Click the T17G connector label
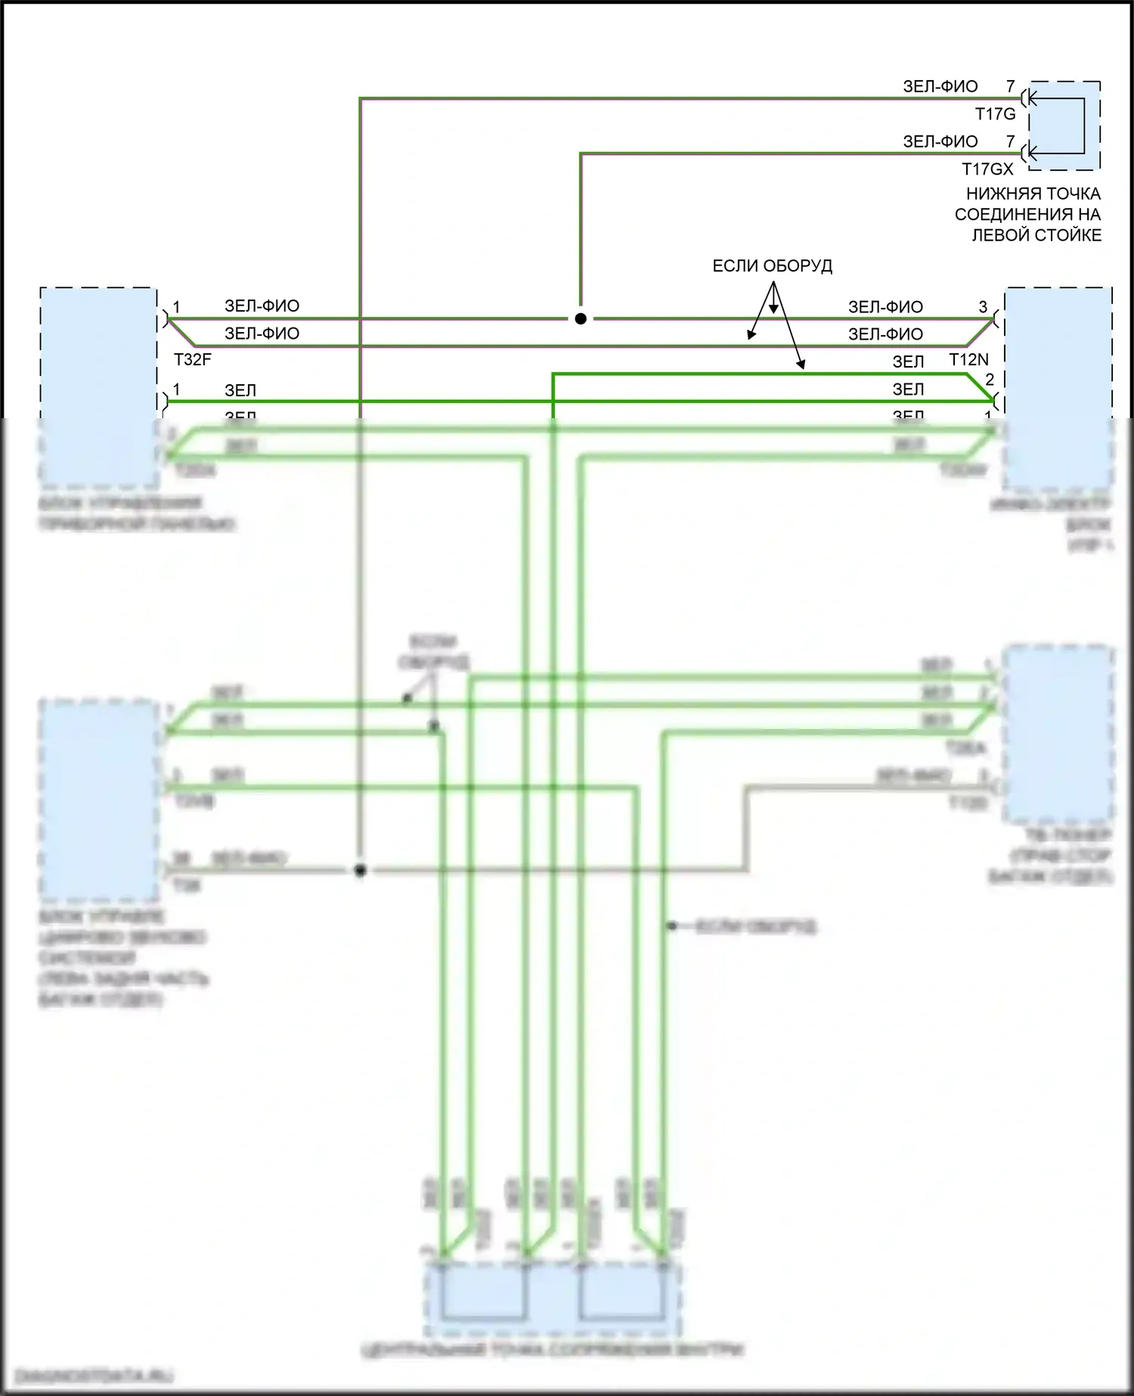coord(995,114)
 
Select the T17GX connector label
coord(987,169)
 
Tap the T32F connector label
coord(192,359)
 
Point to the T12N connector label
coord(968,360)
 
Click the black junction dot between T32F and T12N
coord(581,319)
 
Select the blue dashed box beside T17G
coord(1064,126)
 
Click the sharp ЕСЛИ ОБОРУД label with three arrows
coord(772,266)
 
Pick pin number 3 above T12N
coord(983,307)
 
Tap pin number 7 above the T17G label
coord(1010,87)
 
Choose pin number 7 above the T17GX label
coord(1010,141)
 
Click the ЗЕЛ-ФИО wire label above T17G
coord(940,87)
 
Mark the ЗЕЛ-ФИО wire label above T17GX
coord(940,141)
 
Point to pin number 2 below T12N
coord(989,379)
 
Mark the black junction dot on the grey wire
coord(361,870)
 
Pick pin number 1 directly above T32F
coord(176,307)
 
